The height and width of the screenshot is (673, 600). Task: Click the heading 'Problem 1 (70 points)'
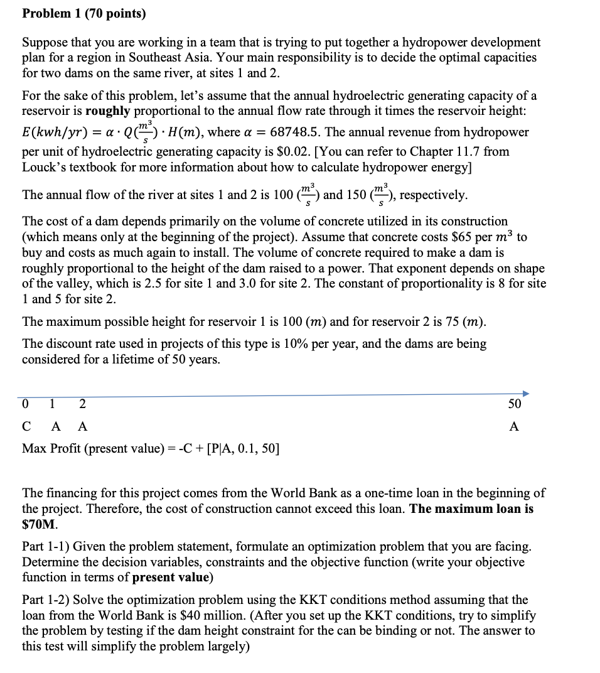pyautogui.click(x=83, y=13)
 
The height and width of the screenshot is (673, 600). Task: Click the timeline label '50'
pyautogui.click(x=515, y=404)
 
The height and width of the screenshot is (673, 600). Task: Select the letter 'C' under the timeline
pyautogui.click(x=26, y=426)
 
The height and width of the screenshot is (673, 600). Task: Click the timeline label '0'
pyautogui.click(x=25, y=404)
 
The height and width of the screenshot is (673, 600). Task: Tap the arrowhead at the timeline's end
pyautogui.click(x=525, y=394)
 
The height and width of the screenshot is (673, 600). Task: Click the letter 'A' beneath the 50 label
pyautogui.click(x=514, y=426)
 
